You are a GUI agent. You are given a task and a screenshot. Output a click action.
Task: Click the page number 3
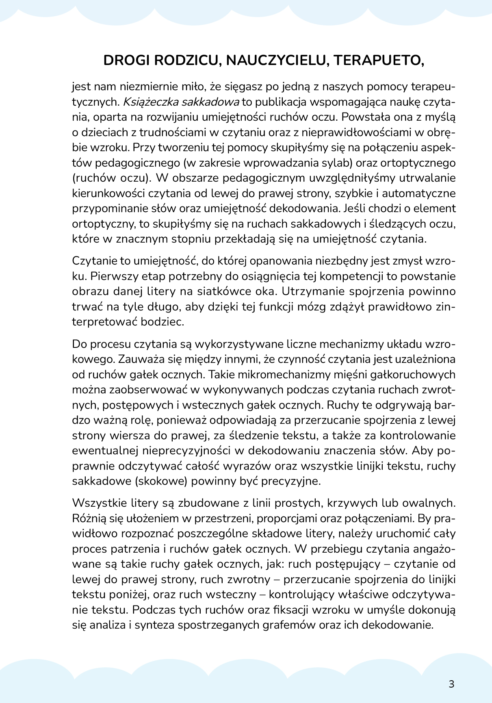pyautogui.click(x=451, y=684)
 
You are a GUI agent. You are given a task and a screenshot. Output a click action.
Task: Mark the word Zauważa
pyautogui.click(x=142, y=360)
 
